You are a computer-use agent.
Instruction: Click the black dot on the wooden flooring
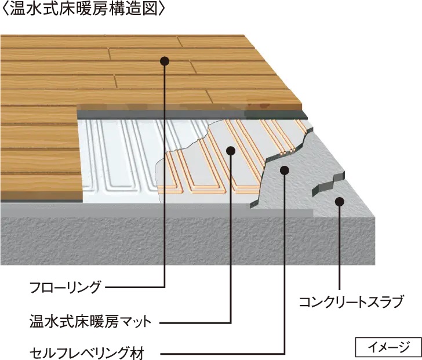coord(165,60)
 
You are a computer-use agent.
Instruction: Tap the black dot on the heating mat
coord(231,151)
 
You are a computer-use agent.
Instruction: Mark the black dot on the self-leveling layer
coord(284,169)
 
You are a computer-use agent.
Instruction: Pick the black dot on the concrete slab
coord(340,202)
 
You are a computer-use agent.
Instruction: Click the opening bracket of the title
coord(5,10)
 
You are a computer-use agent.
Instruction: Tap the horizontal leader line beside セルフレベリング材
coord(220,352)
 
